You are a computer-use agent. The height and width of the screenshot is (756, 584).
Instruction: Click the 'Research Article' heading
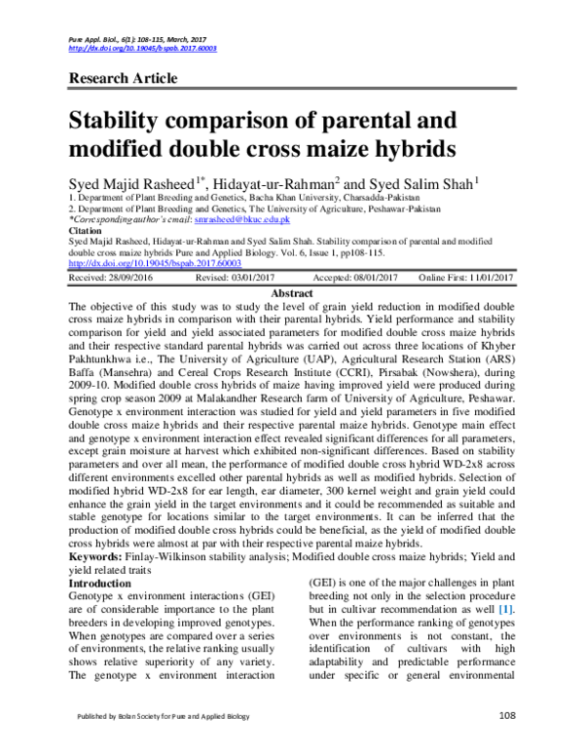(123, 78)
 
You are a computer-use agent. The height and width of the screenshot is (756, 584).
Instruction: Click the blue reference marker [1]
(506, 610)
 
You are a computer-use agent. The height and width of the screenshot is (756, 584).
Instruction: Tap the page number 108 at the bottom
(506, 743)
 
